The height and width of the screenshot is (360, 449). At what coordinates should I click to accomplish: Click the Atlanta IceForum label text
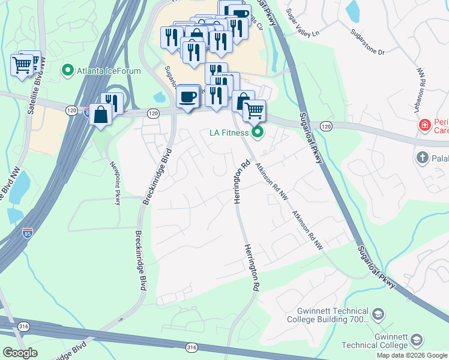point(109,71)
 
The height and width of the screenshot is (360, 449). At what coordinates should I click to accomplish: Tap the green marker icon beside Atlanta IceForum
point(68,71)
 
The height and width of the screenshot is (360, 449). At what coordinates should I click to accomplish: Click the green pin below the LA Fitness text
point(258,132)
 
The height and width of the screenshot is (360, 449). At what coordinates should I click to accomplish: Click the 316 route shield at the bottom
point(191,347)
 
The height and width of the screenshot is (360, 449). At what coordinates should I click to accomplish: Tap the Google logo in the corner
point(20,353)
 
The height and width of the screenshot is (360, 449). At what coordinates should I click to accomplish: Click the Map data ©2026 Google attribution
point(412,355)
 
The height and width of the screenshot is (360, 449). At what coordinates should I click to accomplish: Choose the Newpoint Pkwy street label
point(114,183)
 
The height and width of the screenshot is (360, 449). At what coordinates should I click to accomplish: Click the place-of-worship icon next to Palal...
point(422,157)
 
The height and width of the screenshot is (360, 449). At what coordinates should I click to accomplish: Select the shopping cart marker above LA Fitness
point(255,110)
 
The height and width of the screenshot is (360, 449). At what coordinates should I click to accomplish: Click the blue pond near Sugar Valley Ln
point(352,11)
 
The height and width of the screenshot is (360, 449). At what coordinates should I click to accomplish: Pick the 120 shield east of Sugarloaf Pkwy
point(326,126)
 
